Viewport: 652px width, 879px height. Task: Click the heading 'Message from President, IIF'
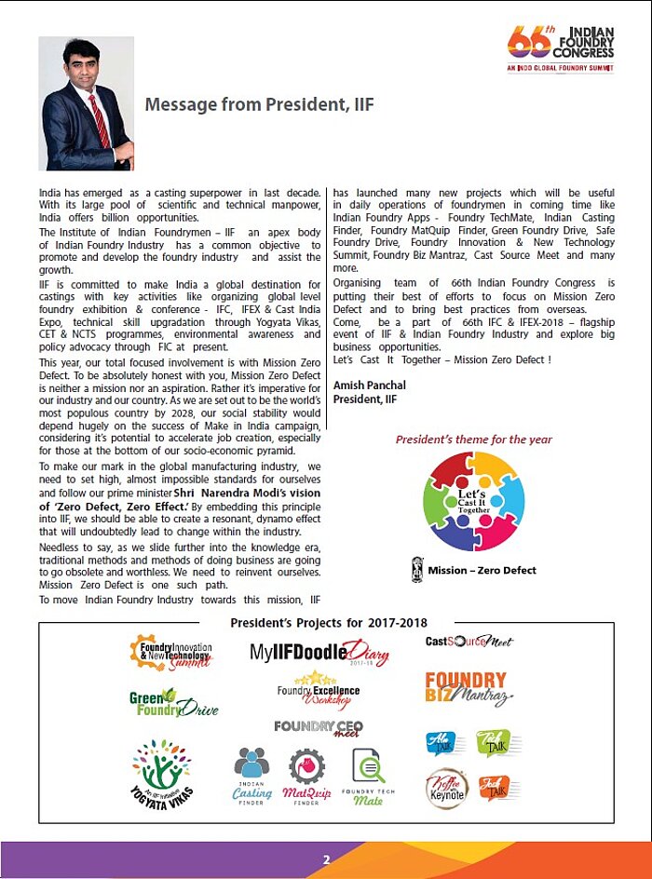coord(259,104)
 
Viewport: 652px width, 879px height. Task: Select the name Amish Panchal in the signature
coord(369,385)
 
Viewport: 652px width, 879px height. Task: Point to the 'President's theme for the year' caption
coord(473,439)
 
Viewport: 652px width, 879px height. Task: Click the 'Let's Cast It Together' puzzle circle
coord(472,500)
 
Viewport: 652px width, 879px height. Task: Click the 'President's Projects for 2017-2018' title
coord(327,622)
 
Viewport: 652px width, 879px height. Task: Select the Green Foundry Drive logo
coord(173,702)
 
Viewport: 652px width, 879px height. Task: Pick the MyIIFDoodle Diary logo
coord(319,653)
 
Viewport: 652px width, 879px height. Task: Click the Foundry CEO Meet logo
coord(319,727)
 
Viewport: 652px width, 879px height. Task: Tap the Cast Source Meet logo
coord(469,642)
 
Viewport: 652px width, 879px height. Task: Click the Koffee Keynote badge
coord(446,788)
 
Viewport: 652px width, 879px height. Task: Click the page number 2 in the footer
coord(326,859)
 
